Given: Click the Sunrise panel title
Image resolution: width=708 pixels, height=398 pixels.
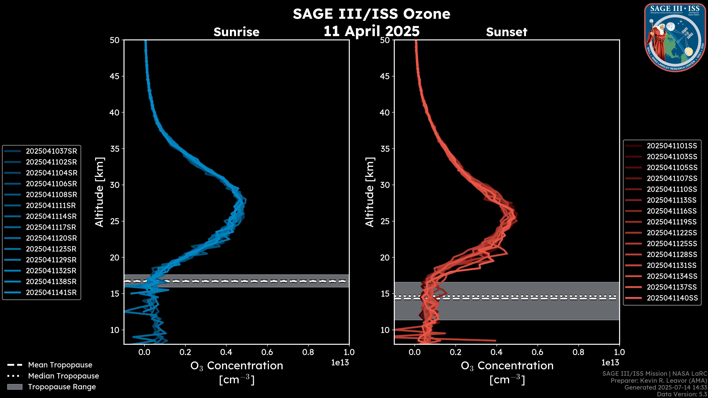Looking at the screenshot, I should [236, 32].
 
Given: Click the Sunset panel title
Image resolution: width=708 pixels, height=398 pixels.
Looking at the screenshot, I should [506, 32].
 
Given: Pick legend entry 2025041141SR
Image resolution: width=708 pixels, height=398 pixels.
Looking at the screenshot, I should [51, 292].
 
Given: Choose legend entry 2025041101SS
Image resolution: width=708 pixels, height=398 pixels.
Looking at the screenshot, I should [672, 146].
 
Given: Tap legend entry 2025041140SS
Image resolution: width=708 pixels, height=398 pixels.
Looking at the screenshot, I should [672, 298].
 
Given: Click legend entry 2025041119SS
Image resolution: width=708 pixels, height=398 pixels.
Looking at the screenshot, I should [672, 222].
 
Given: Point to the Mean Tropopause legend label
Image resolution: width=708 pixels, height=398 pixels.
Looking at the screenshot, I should [60, 365].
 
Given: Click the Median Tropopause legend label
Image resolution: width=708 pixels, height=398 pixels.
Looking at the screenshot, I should [63, 376].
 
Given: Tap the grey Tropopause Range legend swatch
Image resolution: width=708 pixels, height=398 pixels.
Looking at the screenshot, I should [15, 387].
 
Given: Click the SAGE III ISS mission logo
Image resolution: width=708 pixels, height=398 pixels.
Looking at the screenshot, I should [674, 38].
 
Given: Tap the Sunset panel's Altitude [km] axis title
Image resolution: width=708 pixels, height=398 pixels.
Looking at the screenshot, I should [370, 192].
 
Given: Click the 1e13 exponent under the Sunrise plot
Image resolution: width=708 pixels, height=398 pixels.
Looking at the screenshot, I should [340, 363].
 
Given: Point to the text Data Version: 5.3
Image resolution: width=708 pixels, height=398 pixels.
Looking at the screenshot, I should [682, 394].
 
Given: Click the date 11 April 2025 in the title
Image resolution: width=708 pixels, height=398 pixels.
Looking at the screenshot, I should [372, 31].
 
